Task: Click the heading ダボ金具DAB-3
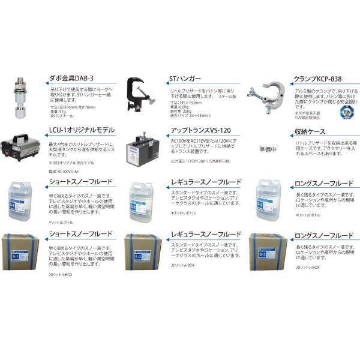[70, 78]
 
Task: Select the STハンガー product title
[187, 78]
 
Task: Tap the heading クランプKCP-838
[318, 78]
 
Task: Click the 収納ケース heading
[309, 130]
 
